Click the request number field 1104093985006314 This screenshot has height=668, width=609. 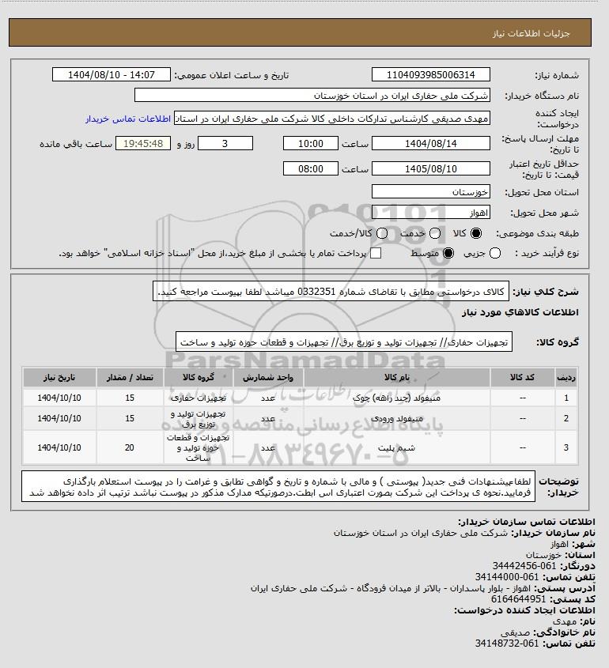pos(430,75)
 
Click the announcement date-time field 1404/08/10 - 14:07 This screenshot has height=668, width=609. pos(111,75)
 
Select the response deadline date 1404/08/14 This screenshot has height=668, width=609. pos(430,143)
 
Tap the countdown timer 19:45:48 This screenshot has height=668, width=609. pos(143,143)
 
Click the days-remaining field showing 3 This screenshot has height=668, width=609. pos(225,143)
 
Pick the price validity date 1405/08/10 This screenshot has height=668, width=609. pos(430,168)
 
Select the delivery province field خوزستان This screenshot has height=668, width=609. pos(430,192)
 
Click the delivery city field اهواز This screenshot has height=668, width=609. pos(430,213)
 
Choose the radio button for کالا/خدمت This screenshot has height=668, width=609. pos(383,233)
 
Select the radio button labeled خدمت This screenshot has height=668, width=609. pos(433,233)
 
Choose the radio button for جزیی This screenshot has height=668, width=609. pos(496,253)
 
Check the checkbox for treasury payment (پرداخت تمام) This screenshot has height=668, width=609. pos(376,253)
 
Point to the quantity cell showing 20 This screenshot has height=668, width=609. pos(130,447)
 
